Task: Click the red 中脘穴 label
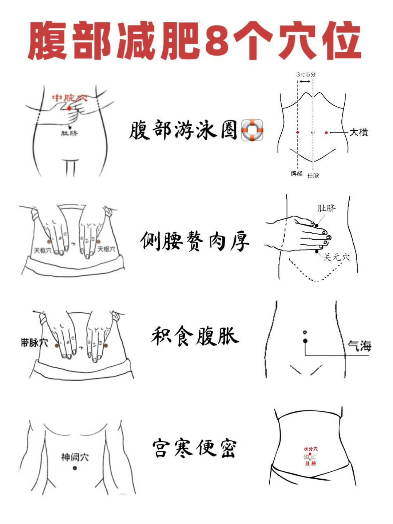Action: (70, 98)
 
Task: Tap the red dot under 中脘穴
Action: (69, 108)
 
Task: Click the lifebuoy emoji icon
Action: (252, 130)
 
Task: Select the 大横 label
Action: (358, 132)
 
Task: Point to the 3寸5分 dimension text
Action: (306, 74)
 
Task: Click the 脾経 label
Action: (297, 174)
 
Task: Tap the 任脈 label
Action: (313, 176)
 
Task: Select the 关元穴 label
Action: (337, 257)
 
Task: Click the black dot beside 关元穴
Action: (317, 251)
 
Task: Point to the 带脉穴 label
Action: (34, 342)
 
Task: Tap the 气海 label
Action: (360, 346)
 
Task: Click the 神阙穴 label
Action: (75, 457)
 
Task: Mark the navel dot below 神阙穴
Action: (75, 468)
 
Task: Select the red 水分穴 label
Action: (310, 449)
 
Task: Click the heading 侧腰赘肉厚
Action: (195, 241)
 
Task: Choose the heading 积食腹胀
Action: (195, 336)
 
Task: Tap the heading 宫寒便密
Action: (195, 448)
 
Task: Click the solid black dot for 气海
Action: (305, 341)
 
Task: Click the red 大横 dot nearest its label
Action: (326, 133)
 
